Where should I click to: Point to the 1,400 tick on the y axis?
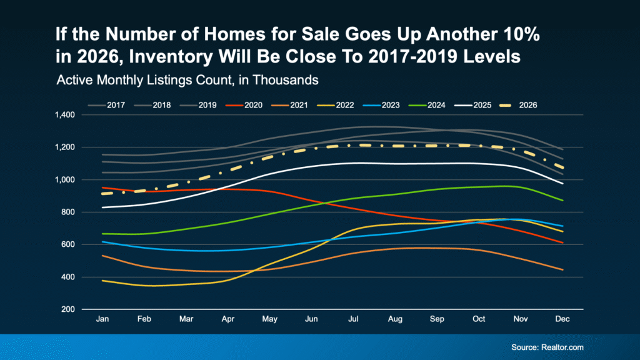[x=64, y=115]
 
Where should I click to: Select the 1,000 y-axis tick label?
[x=64, y=180]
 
